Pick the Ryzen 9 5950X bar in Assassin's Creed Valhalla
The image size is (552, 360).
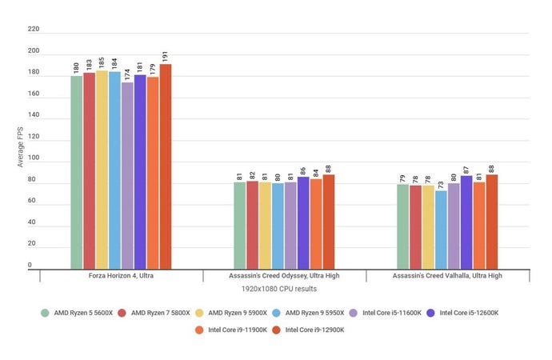(441, 229)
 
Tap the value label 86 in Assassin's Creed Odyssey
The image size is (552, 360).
(303, 170)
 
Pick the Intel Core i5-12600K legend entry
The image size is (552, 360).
(462, 312)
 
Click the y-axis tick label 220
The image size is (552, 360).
(33, 29)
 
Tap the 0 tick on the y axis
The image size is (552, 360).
(30, 265)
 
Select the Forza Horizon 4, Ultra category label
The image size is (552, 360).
(121, 275)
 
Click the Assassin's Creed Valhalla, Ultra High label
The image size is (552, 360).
(447, 275)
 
